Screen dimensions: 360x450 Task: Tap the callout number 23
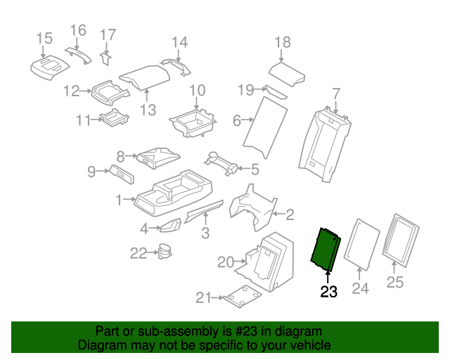pyautogui.click(x=328, y=291)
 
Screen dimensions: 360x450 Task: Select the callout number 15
pyautogui.click(x=44, y=38)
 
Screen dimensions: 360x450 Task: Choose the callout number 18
pyautogui.click(x=282, y=42)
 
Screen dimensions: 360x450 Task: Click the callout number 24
pyautogui.click(x=360, y=288)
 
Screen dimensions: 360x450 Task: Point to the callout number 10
pyautogui.click(x=197, y=90)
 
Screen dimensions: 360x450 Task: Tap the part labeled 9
pyautogui.click(x=124, y=173)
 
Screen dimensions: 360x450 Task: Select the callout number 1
pyautogui.click(x=120, y=200)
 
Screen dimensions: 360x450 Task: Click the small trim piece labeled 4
pyautogui.click(x=169, y=226)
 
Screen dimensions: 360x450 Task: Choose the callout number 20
pyautogui.click(x=225, y=262)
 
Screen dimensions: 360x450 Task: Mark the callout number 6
pyautogui.click(x=237, y=121)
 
